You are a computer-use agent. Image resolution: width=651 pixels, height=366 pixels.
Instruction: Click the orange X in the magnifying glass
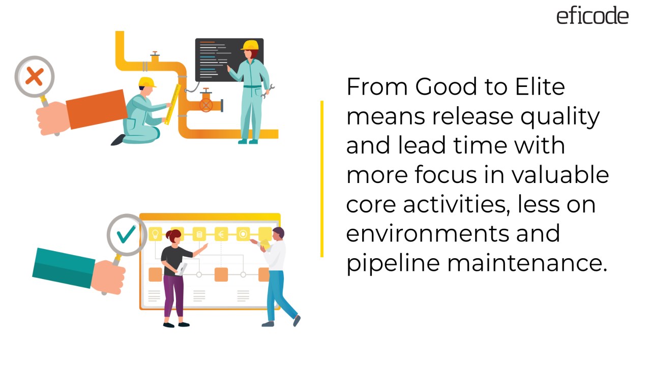[x=34, y=77]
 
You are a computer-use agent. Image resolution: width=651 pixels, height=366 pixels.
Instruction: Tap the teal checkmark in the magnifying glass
[x=126, y=234]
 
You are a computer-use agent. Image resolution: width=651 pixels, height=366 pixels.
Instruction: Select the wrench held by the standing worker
[x=267, y=91]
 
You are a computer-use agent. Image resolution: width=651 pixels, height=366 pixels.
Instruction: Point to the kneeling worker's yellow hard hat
[x=146, y=82]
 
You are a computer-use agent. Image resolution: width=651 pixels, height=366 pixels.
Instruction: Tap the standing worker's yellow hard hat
[x=250, y=45]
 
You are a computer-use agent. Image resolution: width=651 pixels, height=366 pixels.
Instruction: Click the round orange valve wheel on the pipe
[x=205, y=105]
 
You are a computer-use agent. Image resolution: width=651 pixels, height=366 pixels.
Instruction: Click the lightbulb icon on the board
[x=155, y=234]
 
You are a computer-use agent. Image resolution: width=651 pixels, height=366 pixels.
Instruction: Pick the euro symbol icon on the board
[x=221, y=234]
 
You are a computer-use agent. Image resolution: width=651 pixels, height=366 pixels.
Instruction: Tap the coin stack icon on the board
[x=199, y=234]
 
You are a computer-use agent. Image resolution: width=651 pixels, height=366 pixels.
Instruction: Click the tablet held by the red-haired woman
[x=182, y=268]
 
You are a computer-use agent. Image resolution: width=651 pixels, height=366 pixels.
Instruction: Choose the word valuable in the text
[x=560, y=175]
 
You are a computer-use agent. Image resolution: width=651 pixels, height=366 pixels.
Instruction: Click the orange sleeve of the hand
[x=97, y=109]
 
